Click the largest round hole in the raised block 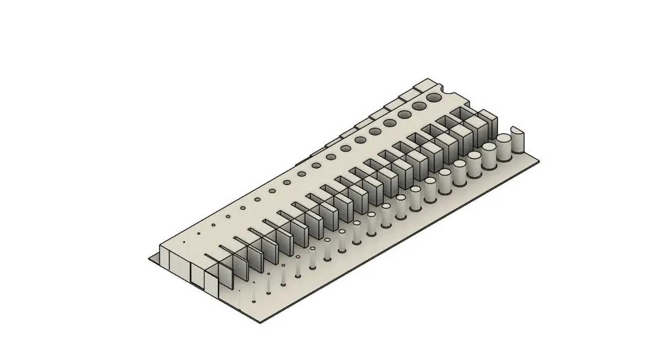tap(434, 97)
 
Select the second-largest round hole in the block tap(419, 106)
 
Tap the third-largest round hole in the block tap(404, 115)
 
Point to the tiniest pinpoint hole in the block tap(184, 242)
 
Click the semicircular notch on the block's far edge tap(447, 91)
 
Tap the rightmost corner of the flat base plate tap(539, 162)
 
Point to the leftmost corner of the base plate tap(149, 259)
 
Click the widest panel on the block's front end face tap(179, 261)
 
